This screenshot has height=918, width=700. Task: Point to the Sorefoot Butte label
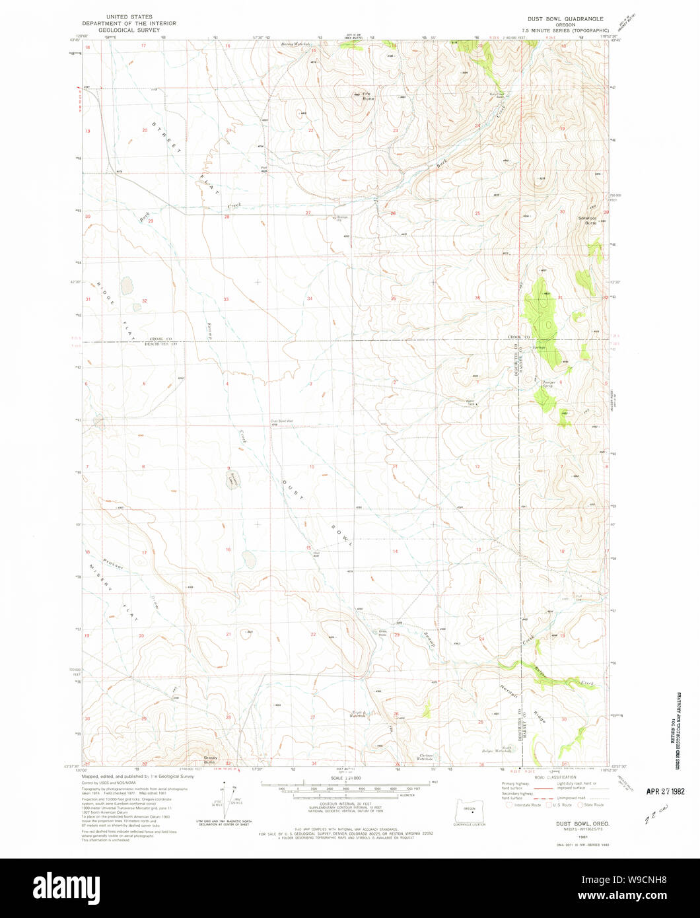(588, 221)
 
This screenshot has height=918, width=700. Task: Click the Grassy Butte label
(210, 760)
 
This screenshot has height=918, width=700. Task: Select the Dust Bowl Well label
(281, 421)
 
